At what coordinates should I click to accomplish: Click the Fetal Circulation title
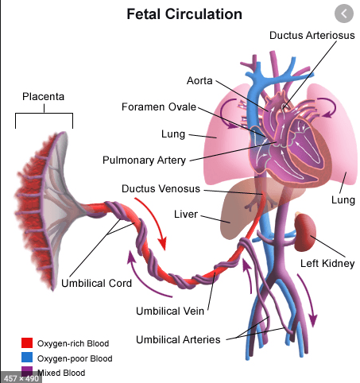tap(184, 14)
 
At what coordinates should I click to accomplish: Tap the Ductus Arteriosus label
tap(312, 35)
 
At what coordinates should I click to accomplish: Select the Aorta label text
tap(199, 80)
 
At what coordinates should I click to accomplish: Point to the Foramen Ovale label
tap(159, 106)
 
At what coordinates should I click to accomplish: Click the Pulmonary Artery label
tap(144, 161)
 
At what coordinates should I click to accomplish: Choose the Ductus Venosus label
tap(161, 188)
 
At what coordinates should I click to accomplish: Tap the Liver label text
tap(186, 214)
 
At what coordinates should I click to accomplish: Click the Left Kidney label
tap(327, 263)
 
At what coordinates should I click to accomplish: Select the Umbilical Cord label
tap(96, 283)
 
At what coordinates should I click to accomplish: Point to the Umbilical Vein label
tap(170, 311)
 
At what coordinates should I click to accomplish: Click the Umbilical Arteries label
tap(178, 339)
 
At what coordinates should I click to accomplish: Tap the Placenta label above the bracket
tap(43, 96)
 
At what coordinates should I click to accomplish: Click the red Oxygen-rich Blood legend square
tap(27, 342)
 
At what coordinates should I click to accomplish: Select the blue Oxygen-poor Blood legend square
tap(27, 357)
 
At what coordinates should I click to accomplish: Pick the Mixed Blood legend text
tap(61, 373)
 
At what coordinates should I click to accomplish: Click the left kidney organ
tap(305, 233)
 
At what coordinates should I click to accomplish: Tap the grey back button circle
tap(344, 14)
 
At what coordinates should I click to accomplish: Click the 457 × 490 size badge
tap(21, 378)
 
